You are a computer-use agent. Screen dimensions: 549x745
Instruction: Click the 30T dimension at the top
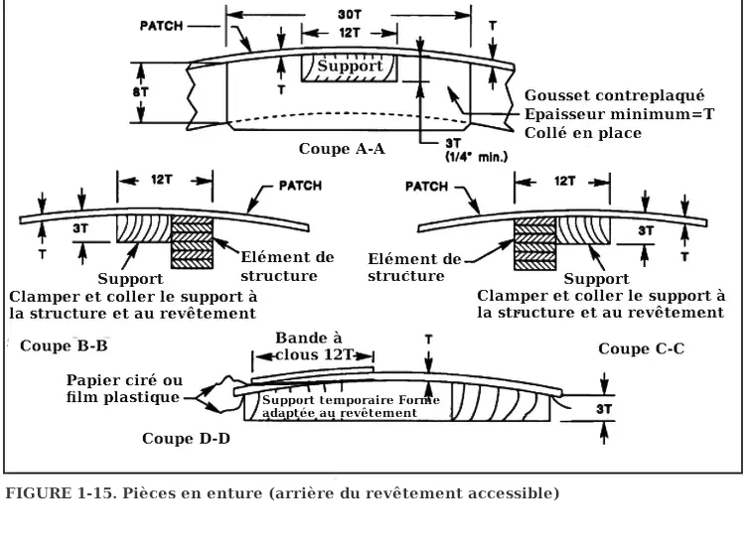343,16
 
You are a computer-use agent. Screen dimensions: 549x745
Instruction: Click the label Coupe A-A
341,149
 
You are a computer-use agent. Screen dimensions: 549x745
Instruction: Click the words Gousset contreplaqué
614,95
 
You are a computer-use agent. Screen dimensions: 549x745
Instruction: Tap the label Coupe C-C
642,348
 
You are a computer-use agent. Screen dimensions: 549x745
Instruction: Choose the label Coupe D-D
186,438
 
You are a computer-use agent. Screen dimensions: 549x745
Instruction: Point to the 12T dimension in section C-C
564,182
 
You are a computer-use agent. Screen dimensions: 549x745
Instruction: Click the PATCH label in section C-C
428,186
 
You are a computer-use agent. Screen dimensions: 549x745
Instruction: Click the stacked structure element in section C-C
533,241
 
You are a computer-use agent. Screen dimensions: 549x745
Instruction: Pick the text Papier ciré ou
124,380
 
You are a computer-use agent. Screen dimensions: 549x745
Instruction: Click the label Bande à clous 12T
310,345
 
